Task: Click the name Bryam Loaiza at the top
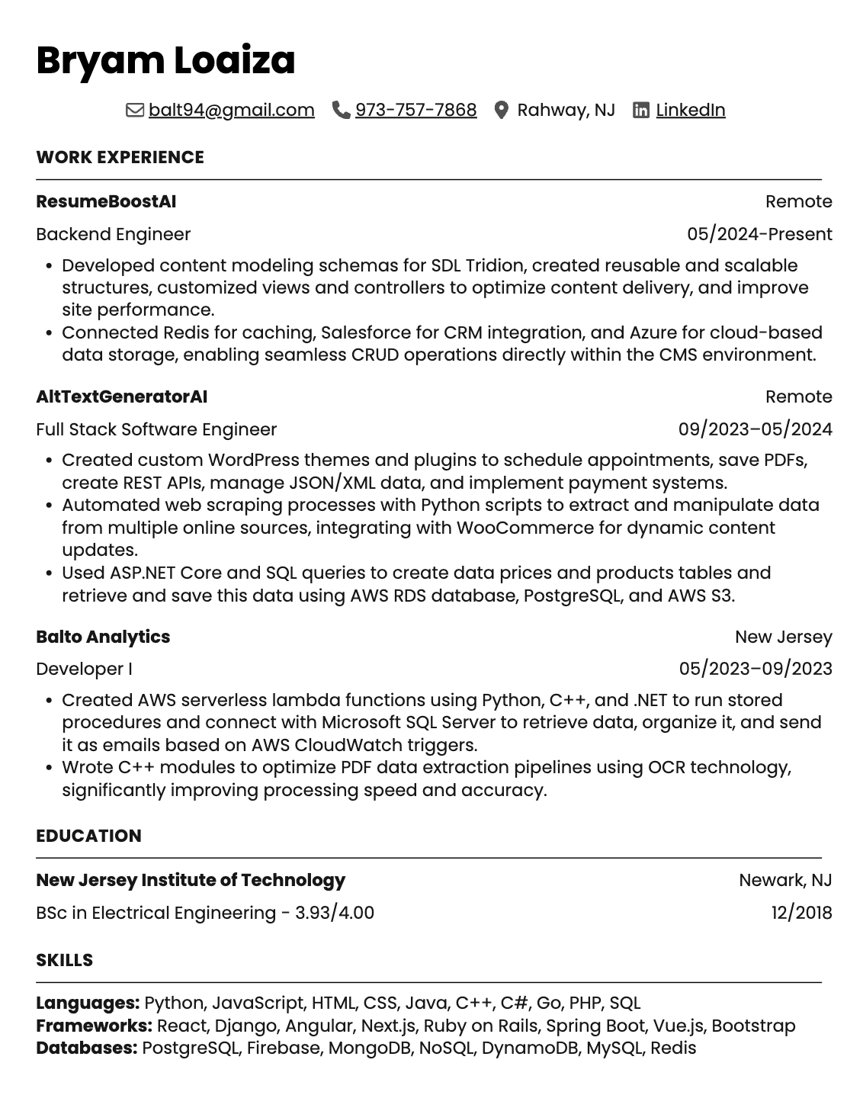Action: pos(165,61)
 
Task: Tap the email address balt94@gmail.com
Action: pos(231,110)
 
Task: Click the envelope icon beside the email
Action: pos(135,110)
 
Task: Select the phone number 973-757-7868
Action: pos(415,110)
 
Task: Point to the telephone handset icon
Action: pos(341,110)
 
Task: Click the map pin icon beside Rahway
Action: pos(501,110)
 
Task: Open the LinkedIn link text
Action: pos(690,110)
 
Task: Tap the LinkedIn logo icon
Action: pos(641,110)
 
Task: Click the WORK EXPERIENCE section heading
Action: pos(120,157)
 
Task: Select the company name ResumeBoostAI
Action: pos(106,201)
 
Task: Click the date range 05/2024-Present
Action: pos(759,234)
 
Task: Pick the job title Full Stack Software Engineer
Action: pos(156,429)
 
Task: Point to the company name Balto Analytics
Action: pos(103,637)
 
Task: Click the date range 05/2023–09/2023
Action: pos(756,669)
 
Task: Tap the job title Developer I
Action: pos(84,669)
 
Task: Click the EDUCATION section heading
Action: pos(88,836)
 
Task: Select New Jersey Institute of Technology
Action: pos(191,880)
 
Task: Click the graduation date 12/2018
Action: pos(801,913)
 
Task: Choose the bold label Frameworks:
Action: pos(94,1026)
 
